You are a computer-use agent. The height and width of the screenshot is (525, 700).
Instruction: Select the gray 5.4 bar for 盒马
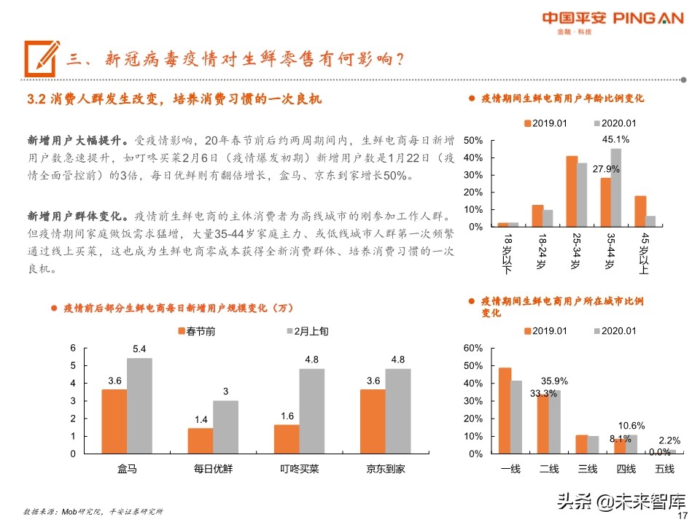tap(139, 405)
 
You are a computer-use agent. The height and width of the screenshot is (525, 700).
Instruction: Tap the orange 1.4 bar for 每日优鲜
tap(201, 440)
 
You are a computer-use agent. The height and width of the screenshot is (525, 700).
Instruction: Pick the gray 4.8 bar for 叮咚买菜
tap(312, 411)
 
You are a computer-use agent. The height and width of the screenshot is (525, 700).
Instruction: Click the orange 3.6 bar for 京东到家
tap(373, 421)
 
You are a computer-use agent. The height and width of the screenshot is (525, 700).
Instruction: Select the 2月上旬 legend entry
tap(306, 331)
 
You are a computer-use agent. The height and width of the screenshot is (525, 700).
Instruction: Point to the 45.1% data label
tap(616, 139)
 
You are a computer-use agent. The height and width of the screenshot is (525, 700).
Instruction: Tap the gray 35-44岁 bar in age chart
tap(616, 187)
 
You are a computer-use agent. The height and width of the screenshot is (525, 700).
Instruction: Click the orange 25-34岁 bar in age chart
tap(572, 191)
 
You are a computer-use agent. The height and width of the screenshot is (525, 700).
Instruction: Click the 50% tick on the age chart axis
tap(473, 140)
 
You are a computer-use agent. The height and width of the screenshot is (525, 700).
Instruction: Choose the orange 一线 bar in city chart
tap(505, 410)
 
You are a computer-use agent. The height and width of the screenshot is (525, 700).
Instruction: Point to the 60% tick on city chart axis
tap(473, 348)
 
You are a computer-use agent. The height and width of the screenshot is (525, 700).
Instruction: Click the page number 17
tap(683, 516)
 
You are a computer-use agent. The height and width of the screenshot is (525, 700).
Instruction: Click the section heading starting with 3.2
tap(174, 98)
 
